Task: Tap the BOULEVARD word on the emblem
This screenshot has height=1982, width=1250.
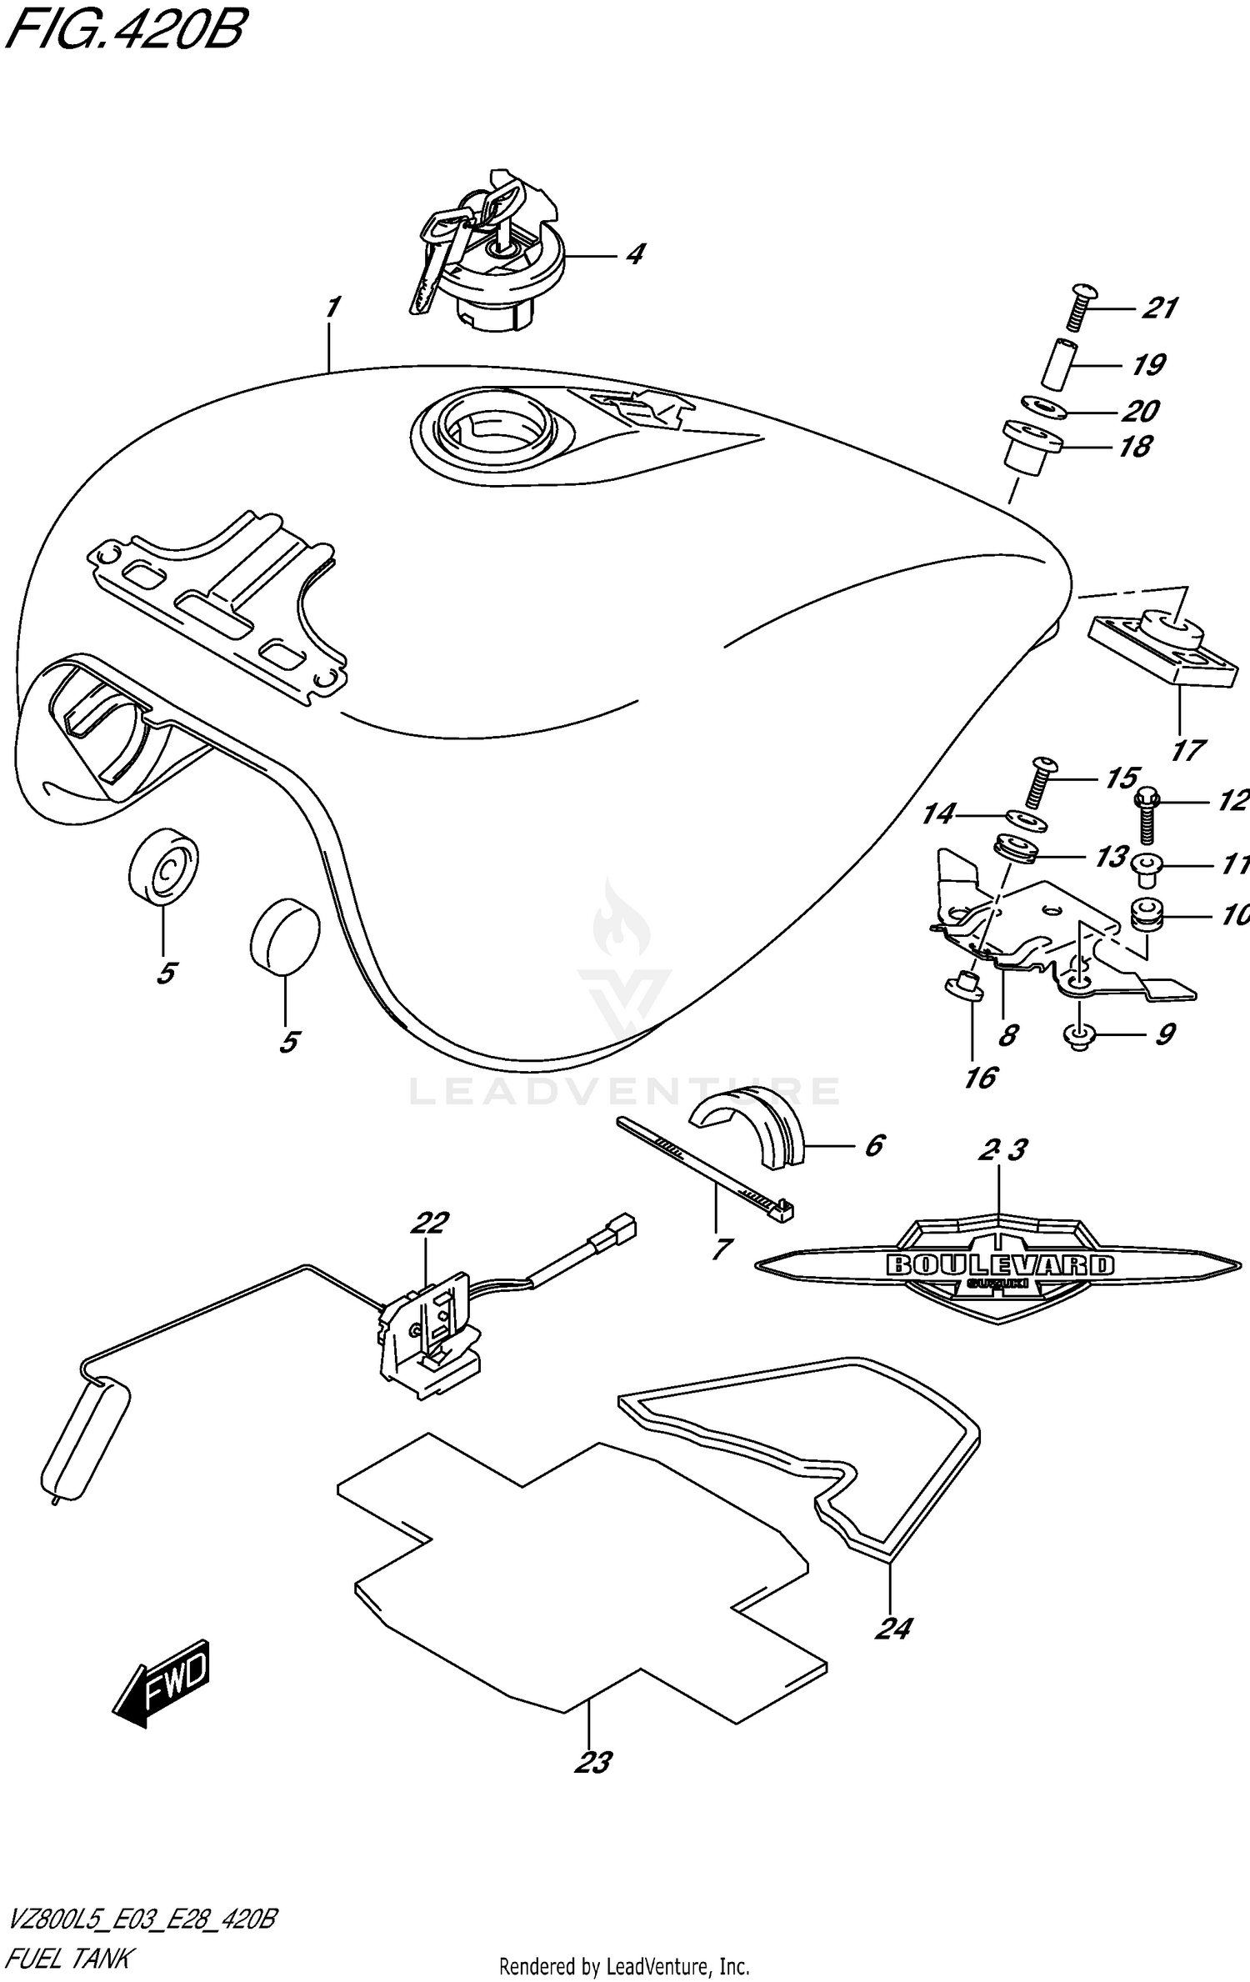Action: tap(999, 1264)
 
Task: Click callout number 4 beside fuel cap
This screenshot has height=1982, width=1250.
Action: tap(635, 253)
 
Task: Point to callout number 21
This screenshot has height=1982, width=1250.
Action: tap(1159, 308)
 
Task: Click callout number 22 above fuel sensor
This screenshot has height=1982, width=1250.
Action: tap(429, 1223)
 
